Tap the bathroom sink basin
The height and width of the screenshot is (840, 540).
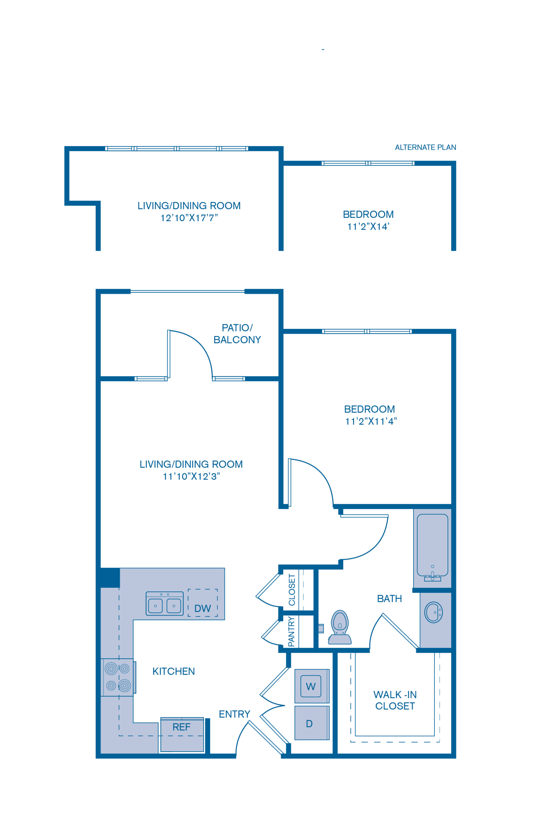433,612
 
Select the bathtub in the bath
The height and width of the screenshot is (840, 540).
432,546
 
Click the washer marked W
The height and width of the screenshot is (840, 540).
311,686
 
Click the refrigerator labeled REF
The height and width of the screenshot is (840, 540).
182,734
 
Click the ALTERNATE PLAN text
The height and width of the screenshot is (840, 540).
425,147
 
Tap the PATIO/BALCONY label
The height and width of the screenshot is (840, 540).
237,334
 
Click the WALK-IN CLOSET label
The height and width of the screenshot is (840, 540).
395,700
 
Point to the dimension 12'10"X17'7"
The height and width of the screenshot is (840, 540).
189,218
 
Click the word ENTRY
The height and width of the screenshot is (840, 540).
234,714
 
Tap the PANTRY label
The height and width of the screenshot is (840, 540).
291,632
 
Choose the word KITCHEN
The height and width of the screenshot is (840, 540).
173,671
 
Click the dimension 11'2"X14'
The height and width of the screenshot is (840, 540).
368,227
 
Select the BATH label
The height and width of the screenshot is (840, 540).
389,598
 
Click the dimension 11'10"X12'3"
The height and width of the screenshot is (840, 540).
191,476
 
